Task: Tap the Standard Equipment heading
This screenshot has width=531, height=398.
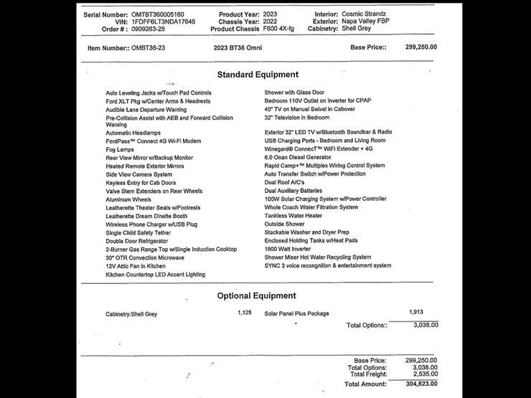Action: click(258, 75)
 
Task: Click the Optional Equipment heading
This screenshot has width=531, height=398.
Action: click(258, 295)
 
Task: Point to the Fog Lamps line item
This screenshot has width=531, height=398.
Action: click(120, 149)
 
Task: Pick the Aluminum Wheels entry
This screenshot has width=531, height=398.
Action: click(128, 199)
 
